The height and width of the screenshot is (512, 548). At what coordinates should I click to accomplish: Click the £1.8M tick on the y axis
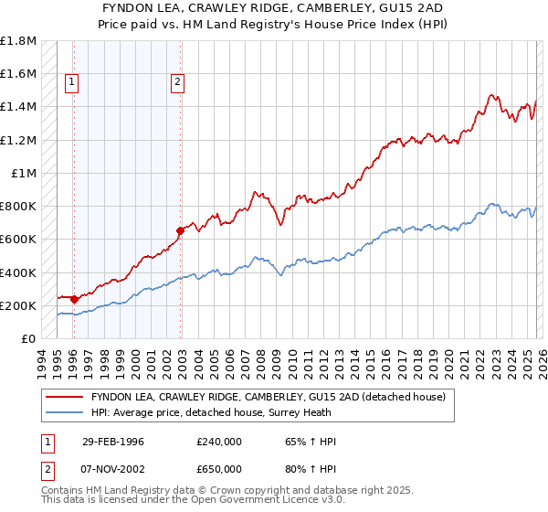pos(18,41)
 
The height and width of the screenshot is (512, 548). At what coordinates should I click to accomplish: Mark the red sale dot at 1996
pos(73,299)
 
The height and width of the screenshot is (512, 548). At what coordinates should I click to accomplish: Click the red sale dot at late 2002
pos(180,231)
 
